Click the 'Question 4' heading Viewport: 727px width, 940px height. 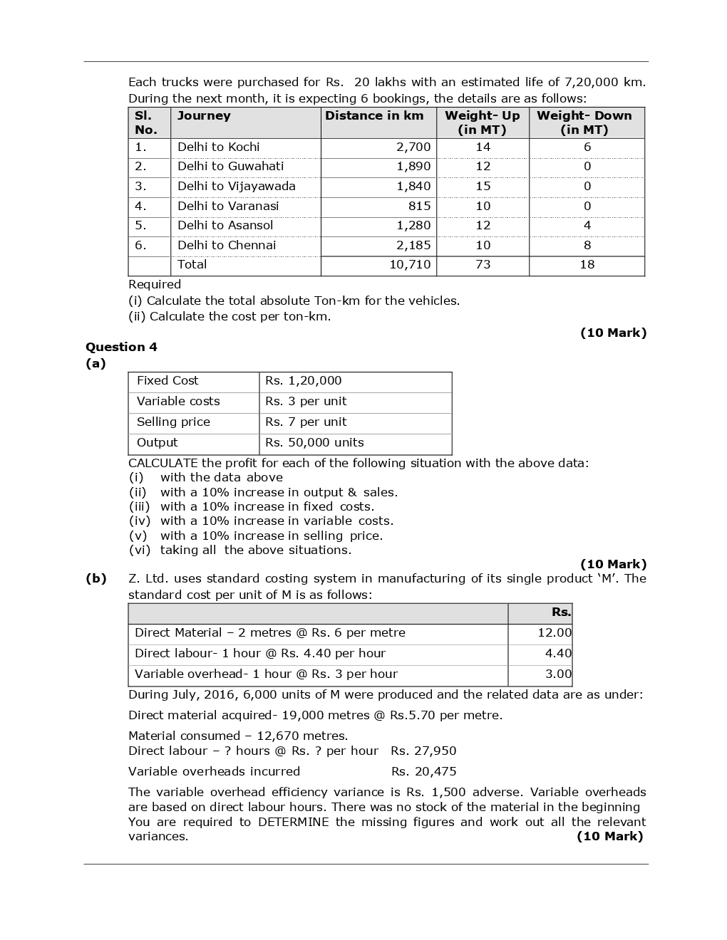click(x=121, y=347)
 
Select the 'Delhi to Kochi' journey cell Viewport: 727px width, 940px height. click(x=218, y=147)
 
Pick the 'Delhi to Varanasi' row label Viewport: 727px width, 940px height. click(x=227, y=206)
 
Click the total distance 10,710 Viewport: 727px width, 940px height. click(x=410, y=264)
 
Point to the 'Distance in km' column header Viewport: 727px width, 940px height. click(x=374, y=115)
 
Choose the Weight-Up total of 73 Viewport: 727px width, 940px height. click(x=483, y=264)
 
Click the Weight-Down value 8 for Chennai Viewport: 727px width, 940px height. click(x=587, y=245)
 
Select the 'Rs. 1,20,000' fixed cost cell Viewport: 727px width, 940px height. click(x=303, y=381)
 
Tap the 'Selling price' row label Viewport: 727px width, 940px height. click(x=173, y=422)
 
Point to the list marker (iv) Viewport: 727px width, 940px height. click(x=140, y=521)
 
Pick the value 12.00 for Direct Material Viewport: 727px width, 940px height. click(x=555, y=632)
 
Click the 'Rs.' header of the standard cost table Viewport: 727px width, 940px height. click(x=561, y=612)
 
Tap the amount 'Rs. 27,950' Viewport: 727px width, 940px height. click(x=423, y=751)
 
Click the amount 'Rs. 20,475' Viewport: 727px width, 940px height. click(x=423, y=771)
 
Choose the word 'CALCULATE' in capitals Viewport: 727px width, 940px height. click(x=163, y=463)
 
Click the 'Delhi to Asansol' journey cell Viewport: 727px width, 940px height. click(x=225, y=225)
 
